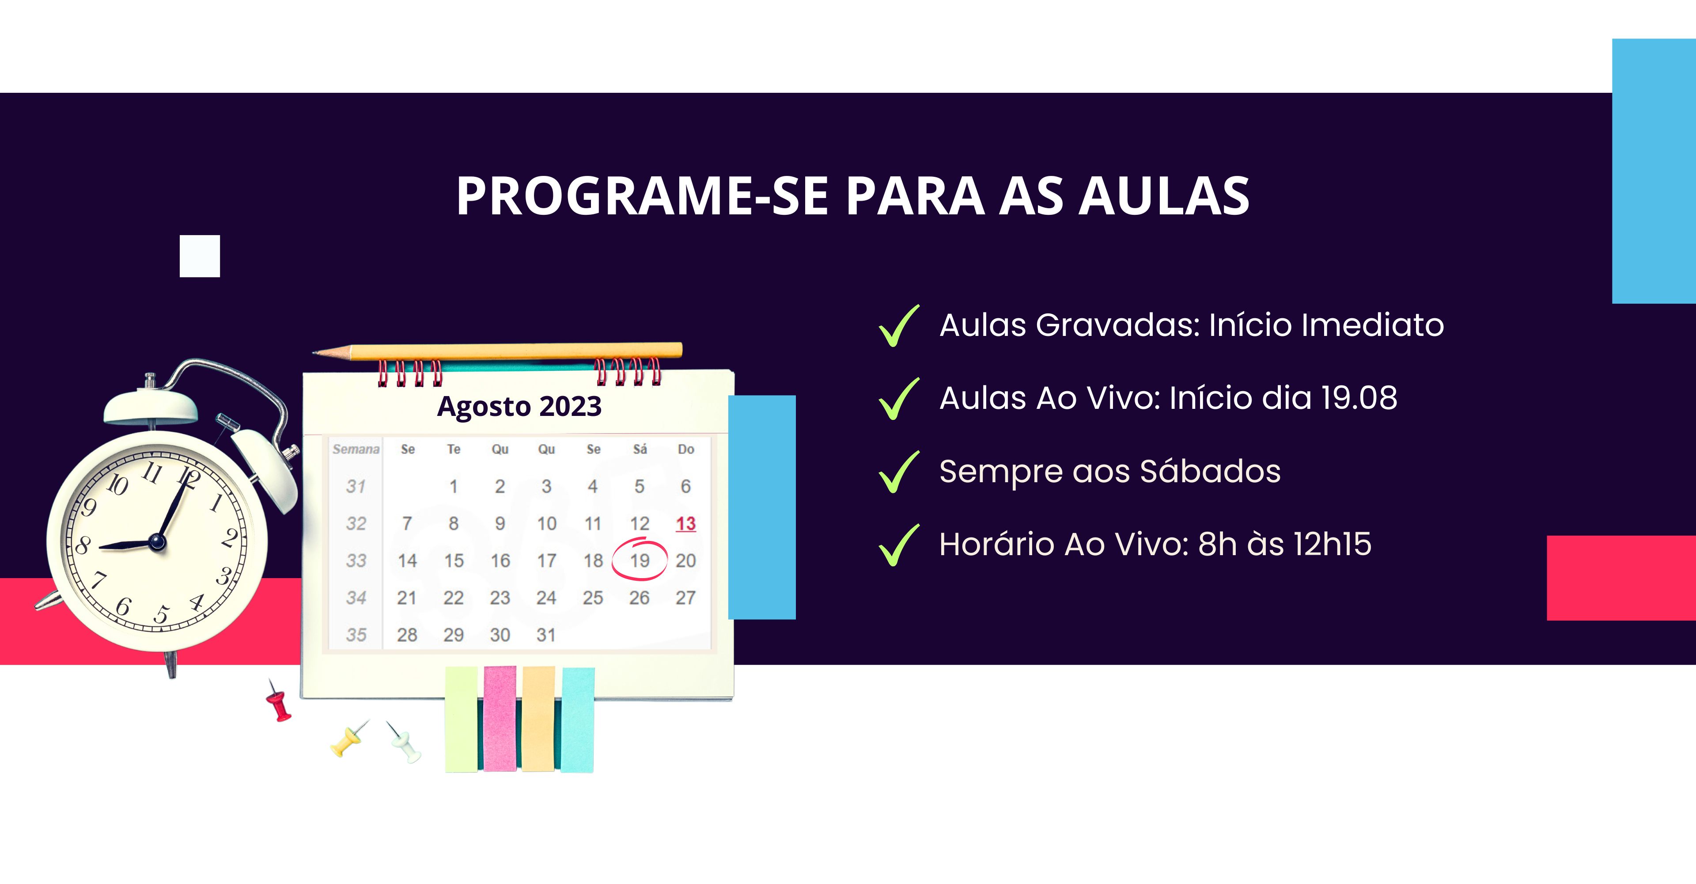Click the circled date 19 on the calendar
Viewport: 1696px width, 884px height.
pyautogui.click(x=639, y=560)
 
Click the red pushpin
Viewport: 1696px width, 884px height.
pyautogui.click(x=279, y=701)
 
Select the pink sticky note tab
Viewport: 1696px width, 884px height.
pyautogui.click(x=500, y=718)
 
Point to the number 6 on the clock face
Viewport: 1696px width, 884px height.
pyautogui.click(x=123, y=606)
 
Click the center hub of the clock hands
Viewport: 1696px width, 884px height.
pyautogui.click(x=157, y=542)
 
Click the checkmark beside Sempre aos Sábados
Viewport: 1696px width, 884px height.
pyautogui.click(x=899, y=472)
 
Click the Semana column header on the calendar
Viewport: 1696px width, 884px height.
pyautogui.click(x=356, y=449)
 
